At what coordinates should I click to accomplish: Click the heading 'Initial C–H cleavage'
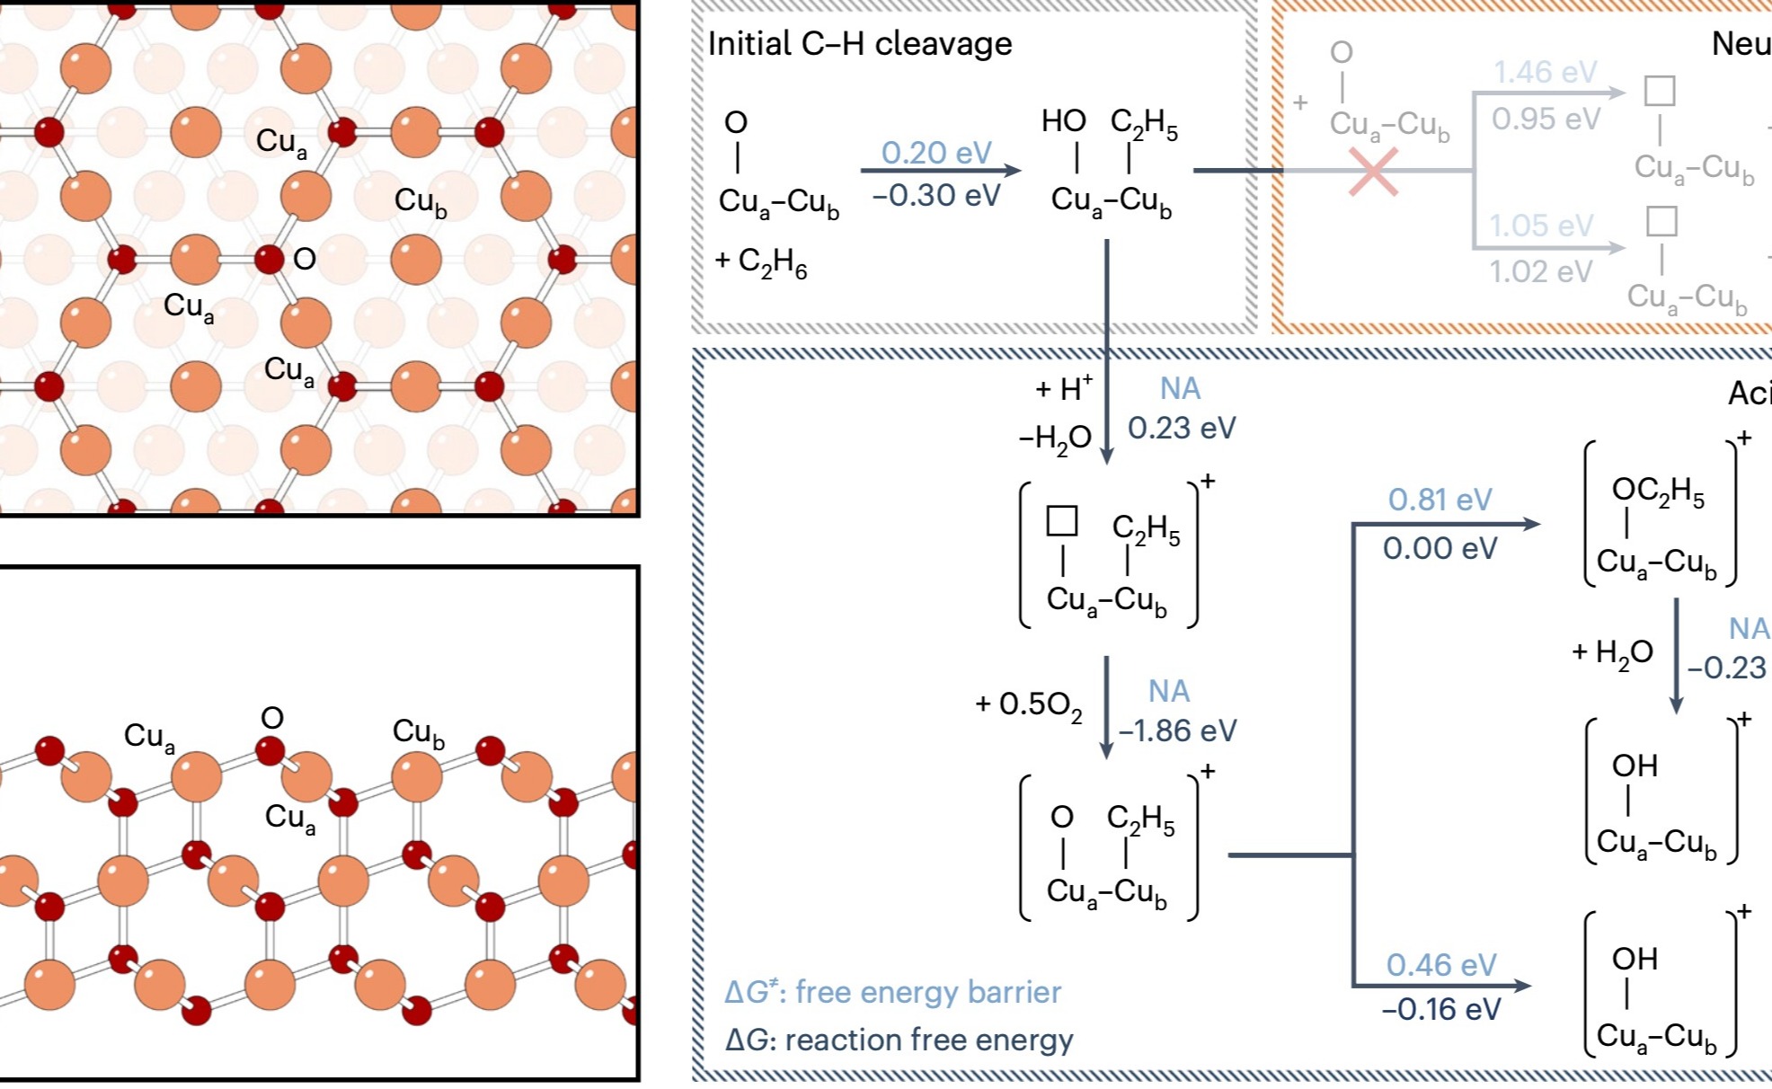859,43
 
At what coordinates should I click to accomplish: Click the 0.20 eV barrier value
935,153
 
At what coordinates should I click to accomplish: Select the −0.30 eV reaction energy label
935,195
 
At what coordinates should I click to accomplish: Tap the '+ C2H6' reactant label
761,261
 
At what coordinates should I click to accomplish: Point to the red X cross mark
1373,171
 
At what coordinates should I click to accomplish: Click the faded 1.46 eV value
1545,72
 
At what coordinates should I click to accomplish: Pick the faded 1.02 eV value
1540,270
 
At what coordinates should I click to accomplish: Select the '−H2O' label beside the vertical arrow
1055,438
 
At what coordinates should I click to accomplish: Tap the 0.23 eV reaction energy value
1181,428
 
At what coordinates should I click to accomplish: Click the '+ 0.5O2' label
1028,704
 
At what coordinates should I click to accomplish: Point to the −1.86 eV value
1177,730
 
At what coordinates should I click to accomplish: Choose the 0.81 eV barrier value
1440,500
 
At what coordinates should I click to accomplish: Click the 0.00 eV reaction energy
1440,548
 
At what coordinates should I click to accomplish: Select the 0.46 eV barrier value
1440,965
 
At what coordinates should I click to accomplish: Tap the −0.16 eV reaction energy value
1440,1009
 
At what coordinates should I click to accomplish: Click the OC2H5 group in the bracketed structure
1658,491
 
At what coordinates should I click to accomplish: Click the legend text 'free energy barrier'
927,992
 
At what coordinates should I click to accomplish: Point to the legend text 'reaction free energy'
928,1040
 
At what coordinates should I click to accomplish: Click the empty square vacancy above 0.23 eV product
1062,521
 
